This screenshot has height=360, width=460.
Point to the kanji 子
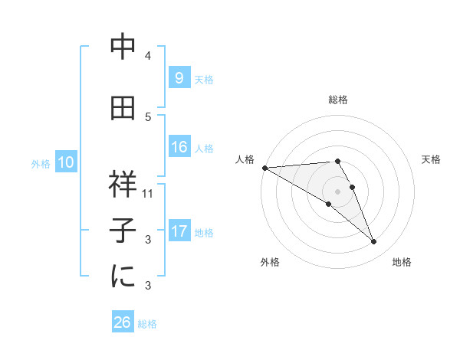pyautogui.click(x=123, y=229)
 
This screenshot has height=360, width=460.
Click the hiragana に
pyautogui.click(x=123, y=276)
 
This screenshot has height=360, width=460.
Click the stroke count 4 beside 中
pyautogui.click(x=148, y=56)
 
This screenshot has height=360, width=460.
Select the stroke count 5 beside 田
pyautogui.click(x=148, y=117)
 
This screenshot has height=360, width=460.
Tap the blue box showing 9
pyautogui.click(x=179, y=77)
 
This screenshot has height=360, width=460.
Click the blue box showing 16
pyautogui.click(x=179, y=147)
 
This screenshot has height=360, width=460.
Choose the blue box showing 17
pyautogui.click(x=179, y=231)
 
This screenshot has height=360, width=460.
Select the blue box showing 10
pyautogui.click(x=66, y=162)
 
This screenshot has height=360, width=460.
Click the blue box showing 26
pyautogui.click(x=123, y=322)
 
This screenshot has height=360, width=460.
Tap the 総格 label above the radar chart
pyautogui.click(x=337, y=100)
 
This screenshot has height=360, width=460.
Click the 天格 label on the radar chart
pyautogui.click(x=431, y=159)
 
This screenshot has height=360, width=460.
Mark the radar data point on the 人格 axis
pyautogui.click(x=264, y=167)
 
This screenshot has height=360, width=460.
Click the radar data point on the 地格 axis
pyautogui.click(x=374, y=242)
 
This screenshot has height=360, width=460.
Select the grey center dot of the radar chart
pyautogui.click(x=337, y=191)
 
